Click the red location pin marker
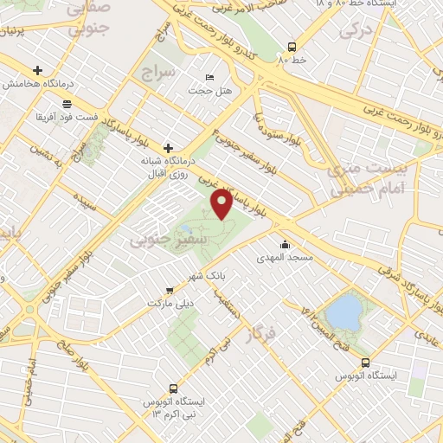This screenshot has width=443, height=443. (222, 204)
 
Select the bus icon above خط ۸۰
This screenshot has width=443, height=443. (291, 48)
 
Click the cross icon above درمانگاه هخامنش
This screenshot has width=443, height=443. (37, 70)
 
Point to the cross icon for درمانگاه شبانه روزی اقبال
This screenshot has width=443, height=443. (168, 148)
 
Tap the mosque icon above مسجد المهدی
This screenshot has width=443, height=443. (286, 244)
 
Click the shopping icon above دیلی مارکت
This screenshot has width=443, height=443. (170, 291)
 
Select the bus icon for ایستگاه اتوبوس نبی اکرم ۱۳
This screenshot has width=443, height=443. (173, 389)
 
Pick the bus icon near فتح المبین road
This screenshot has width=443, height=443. (365, 363)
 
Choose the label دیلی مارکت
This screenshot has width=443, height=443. (169, 305)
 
